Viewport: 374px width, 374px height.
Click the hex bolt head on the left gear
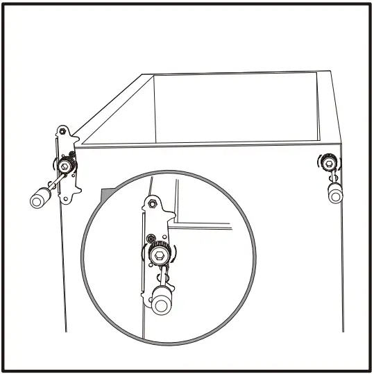pos(65,165)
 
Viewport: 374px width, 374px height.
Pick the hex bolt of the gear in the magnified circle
pos(158,256)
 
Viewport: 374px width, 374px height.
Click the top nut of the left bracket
pos(62,131)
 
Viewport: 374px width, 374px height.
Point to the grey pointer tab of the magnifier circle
pos(106,194)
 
